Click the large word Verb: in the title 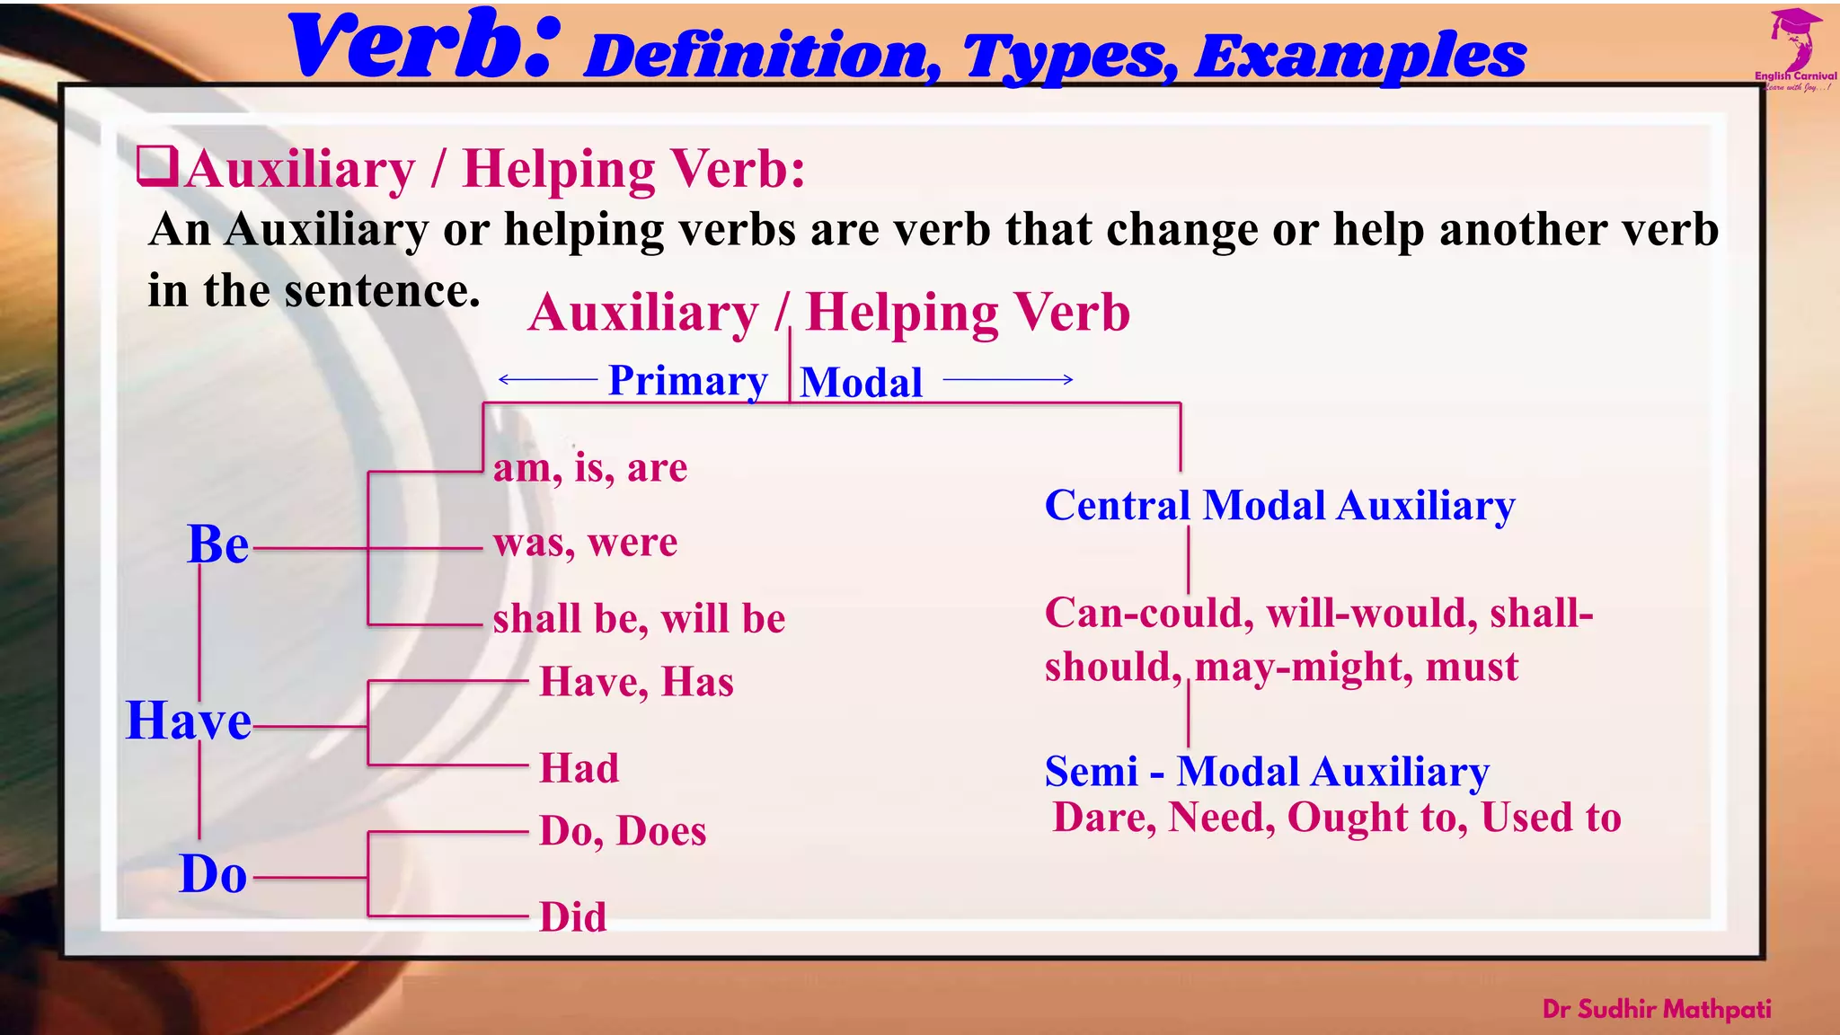point(422,47)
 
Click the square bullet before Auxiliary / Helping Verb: point(156,166)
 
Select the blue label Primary point(687,380)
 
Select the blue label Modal point(861,383)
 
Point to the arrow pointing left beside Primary point(547,379)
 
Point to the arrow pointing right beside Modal point(1008,379)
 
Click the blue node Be point(217,544)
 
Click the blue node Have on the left point(189,721)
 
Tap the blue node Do point(213,874)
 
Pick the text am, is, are point(590,468)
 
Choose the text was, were point(585,543)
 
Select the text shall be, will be point(639,619)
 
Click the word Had point(579,768)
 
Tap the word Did point(572,917)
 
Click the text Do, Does point(622,831)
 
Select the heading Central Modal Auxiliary point(1279,505)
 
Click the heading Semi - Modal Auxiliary point(1267,772)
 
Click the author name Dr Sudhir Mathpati point(1656,1009)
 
